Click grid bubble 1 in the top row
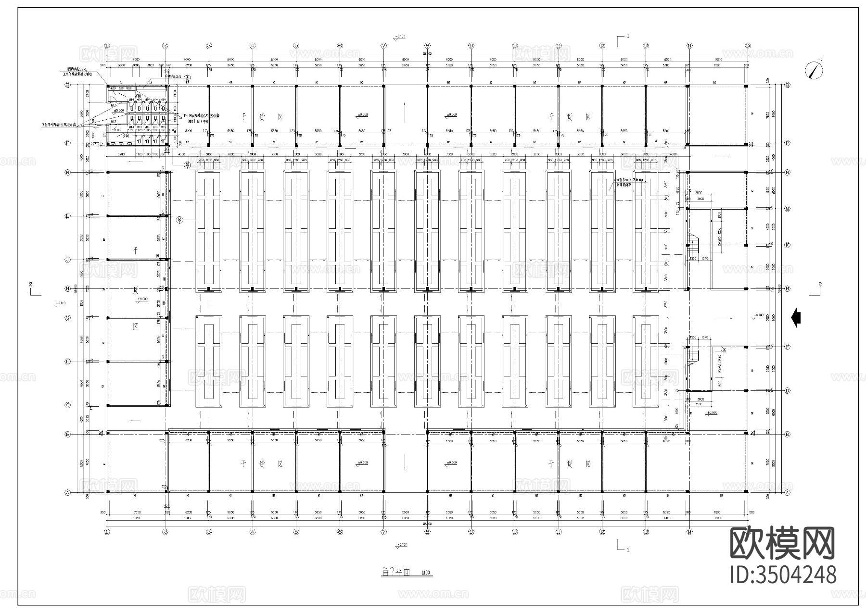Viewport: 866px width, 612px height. click(x=107, y=46)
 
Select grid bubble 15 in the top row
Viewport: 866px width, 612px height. click(x=748, y=46)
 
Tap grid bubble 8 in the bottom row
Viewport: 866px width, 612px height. click(x=427, y=532)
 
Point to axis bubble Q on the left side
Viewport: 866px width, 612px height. click(x=68, y=86)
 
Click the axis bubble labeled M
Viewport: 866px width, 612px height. click(x=788, y=209)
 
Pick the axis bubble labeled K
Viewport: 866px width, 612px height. click(x=788, y=245)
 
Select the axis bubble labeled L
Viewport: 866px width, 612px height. click(x=68, y=216)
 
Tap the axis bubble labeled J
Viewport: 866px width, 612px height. click(x=68, y=260)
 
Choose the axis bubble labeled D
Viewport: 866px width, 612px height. click(x=788, y=391)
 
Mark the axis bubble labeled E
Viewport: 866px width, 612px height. click(x=68, y=362)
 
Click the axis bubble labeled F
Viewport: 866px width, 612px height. click(x=788, y=347)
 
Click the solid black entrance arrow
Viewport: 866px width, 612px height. click(x=796, y=318)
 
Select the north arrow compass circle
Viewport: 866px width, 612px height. click(x=814, y=70)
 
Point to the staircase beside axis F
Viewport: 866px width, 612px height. click(x=692, y=356)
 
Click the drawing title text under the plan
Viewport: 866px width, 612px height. click(x=395, y=572)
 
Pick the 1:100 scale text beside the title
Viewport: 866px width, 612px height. click(x=426, y=573)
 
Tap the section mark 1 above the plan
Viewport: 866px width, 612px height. click(x=623, y=39)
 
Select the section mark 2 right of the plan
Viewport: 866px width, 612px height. click(x=816, y=289)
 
